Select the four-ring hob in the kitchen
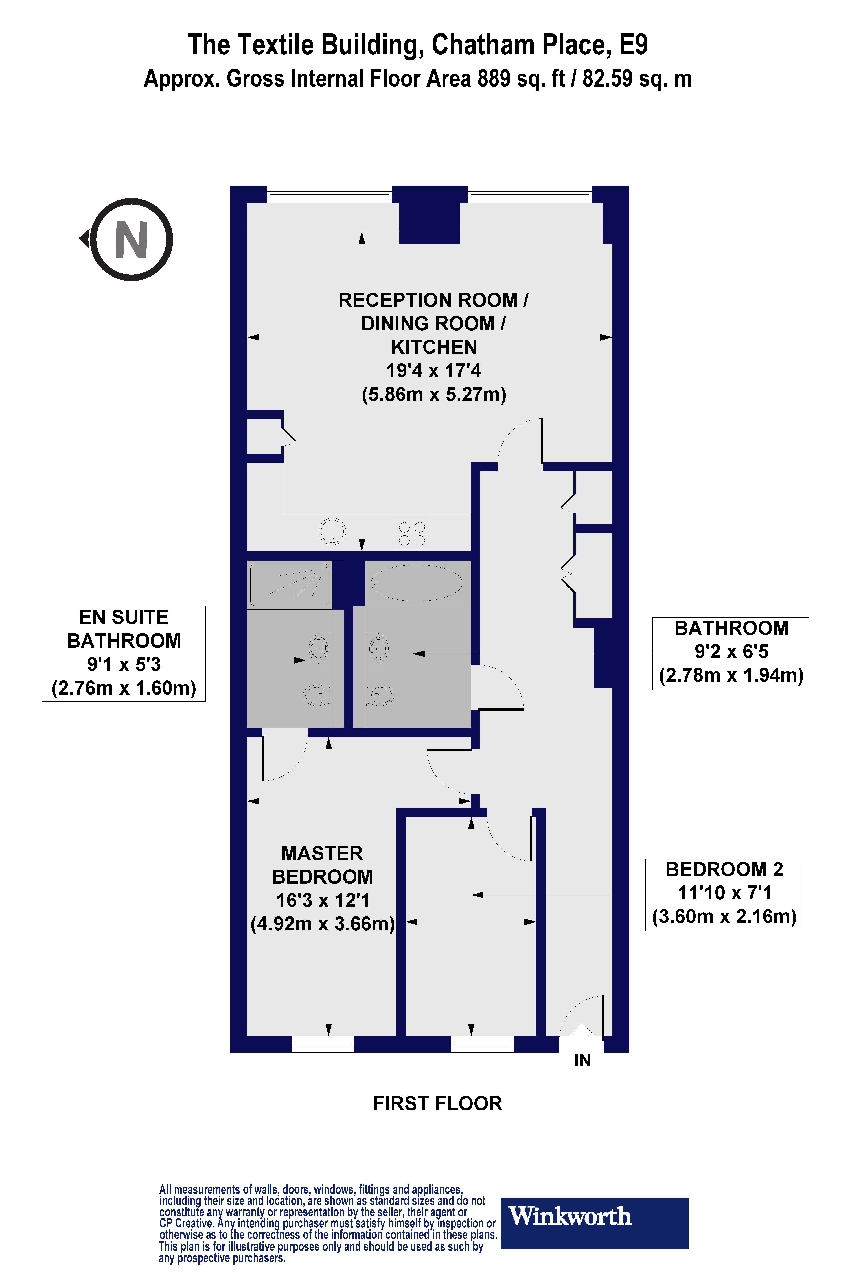(x=412, y=534)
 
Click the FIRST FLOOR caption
(x=437, y=1104)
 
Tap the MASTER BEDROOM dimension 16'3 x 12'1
(x=323, y=900)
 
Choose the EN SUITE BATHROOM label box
(x=124, y=654)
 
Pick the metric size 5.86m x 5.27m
(x=434, y=394)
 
